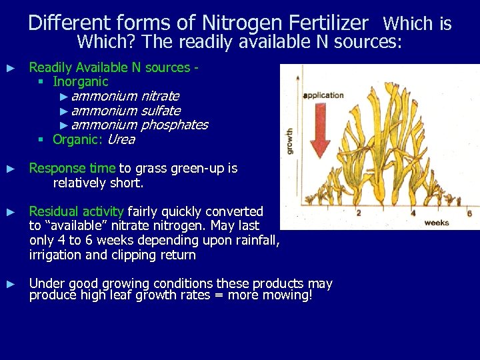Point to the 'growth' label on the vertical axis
point(289,141)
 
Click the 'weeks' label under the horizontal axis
point(437,223)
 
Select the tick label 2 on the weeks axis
point(359,213)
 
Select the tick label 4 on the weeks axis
point(413,213)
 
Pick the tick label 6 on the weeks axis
point(469,213)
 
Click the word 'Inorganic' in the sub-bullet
point(80,82)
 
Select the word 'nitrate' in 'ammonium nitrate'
point(159,96)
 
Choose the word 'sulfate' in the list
point(160,111)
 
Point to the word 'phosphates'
point(174,125)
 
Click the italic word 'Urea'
point(121,140)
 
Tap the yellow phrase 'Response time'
point(72,169)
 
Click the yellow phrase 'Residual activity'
point(77,211)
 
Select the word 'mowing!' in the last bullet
point(288,295)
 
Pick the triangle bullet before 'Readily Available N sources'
point(10,68)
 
